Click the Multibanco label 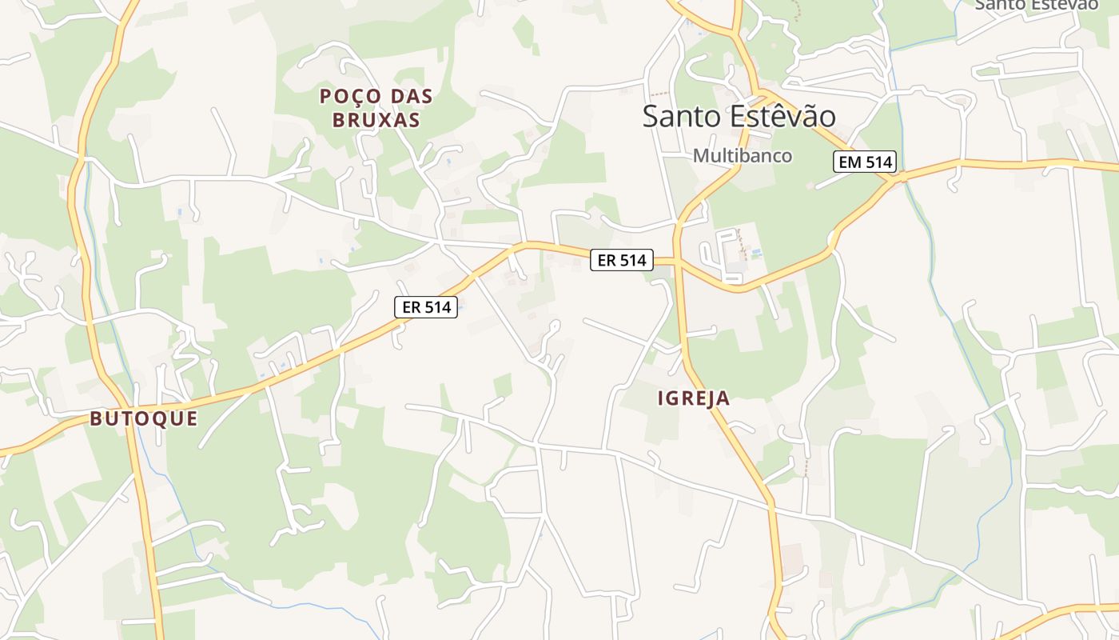click(743, 155)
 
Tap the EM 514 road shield click(865, 162)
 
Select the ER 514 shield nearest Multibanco click(622, 259)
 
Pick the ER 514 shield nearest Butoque click(426, 307)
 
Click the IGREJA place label click(694, 398)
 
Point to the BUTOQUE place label click(144, 418)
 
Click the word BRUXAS click(380, 121)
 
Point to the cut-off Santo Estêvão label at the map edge click(1036, 5)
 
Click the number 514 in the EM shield click(877, 162)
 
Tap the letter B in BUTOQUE click(96, 418)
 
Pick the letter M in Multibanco click(700, 155)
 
